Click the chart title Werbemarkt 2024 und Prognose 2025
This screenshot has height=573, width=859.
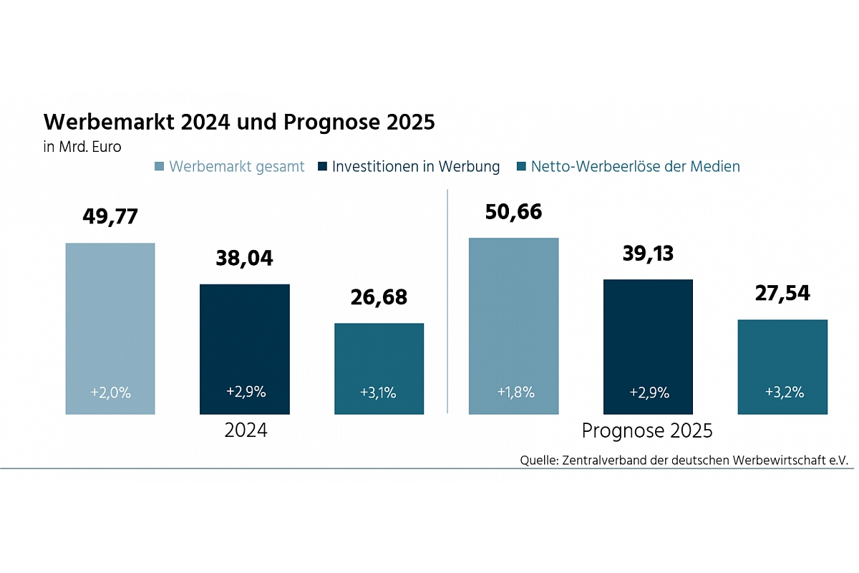[x=239, y=122]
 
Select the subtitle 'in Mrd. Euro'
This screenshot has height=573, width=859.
[x=82, y=148]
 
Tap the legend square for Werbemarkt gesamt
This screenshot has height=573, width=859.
[x=159, y=167]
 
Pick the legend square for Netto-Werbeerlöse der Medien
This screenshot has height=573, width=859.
[x=520, y=167]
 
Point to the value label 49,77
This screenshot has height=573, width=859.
[x=110, y=217]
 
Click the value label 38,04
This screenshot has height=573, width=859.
[x=244, y=258]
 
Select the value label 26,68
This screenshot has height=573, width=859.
[x=379, y=297]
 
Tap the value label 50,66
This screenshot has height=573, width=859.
[x=513, y=212]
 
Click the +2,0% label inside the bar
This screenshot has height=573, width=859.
[x=110, y=393]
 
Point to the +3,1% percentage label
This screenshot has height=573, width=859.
[x=379, y=393]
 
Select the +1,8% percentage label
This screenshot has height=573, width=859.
[x=513, y=393]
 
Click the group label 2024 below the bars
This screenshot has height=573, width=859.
[x=246, y=431]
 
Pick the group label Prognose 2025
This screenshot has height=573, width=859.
[x=647, y=431]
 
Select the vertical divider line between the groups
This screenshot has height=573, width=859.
[x=447, y=301]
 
